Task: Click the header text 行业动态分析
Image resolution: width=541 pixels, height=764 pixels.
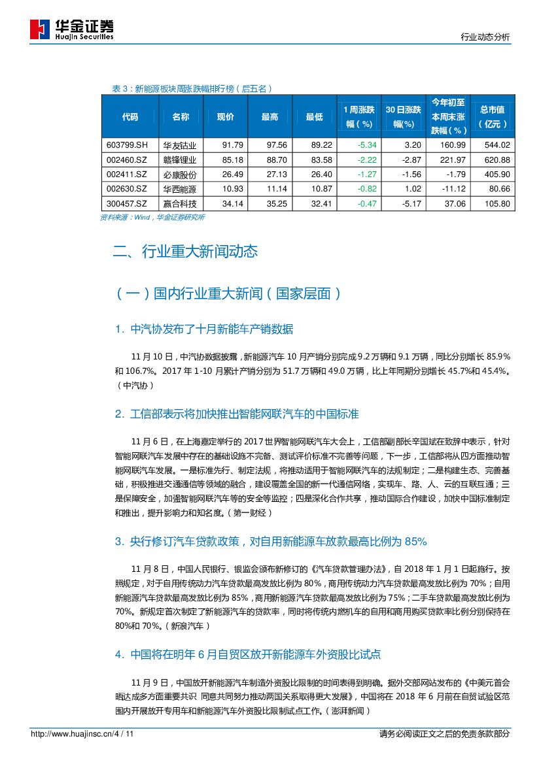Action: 485,38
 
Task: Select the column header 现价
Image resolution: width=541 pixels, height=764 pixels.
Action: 225,117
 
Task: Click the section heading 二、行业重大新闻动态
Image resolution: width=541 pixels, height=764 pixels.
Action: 185,251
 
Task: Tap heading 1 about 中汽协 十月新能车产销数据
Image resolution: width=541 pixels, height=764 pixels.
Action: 203,328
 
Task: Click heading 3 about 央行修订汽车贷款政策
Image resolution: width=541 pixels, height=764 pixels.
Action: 270,541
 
